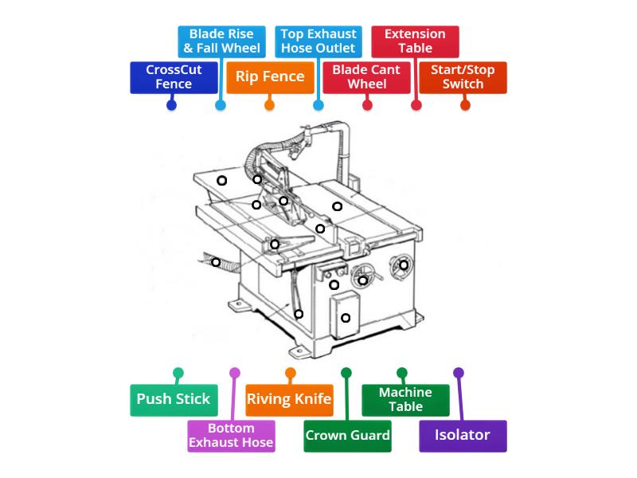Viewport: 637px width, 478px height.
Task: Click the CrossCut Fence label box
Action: point(174,77)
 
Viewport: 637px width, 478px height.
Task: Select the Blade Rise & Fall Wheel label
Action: point(221,41)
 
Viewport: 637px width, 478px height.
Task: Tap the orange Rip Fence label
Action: point(270,77)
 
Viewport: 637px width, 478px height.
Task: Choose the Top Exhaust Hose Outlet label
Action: point(318,41)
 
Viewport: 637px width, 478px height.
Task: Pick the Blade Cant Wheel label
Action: point(367,77)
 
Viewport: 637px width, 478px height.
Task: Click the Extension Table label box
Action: point(416,41)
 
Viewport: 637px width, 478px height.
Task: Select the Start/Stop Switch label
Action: point(463,77)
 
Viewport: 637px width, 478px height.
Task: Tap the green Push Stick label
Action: point(173,399)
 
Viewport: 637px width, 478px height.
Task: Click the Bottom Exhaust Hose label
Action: point(231,436)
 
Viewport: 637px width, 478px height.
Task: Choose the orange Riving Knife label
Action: point(289,399)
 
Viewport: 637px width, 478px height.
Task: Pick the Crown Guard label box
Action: point(347,436)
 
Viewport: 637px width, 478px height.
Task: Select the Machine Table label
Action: point(405,399)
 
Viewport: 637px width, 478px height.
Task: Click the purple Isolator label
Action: point(463,436)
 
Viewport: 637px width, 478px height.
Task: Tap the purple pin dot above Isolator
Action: point(459,373)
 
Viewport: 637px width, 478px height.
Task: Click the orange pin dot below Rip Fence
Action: point(270,105)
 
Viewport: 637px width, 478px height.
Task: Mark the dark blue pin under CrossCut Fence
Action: point(172,105)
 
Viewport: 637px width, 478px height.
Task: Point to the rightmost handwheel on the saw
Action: point(403,265)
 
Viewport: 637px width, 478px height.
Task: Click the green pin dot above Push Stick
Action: point(178,373)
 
